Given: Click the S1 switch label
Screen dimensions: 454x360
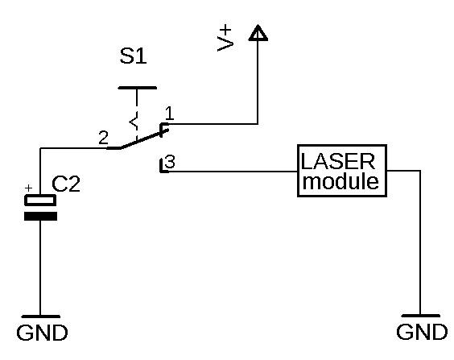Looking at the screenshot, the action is click(x=133, y=56).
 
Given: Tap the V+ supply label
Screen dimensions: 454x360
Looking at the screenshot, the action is click(x=225, y=38).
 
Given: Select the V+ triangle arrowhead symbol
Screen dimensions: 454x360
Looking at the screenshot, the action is click(x=258, y=33).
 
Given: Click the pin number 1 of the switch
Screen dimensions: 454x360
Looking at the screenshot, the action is click(x=169, y=114).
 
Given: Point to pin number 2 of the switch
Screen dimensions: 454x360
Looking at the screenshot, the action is click(x=103, y=138).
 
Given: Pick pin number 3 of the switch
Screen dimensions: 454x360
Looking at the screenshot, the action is click(x=171, y=162).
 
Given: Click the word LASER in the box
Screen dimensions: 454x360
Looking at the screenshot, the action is click(x=338, y=161).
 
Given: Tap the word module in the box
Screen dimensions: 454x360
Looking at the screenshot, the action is click(x=340, y=181).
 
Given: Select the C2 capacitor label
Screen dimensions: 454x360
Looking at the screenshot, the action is click(x=66, y=184).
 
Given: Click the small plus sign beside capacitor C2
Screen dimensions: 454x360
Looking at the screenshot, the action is click(x=28, y=188).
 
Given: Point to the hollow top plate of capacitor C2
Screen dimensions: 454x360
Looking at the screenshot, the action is click(x=40, y=200).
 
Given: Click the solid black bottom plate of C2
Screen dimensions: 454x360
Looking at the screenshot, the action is click(x=40, y=217).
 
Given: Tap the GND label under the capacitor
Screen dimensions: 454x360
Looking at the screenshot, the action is click(x=42, y=333).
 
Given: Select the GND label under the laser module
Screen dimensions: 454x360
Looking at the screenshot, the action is click(x=422, y=332).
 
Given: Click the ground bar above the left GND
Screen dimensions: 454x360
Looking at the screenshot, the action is click(x=40, y=317).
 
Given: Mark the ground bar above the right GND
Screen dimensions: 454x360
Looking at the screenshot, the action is click(x=420, y=316).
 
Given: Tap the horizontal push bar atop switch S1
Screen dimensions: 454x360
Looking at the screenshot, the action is click(x=137, y=88).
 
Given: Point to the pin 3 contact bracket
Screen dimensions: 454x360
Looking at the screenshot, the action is click(x=163, y=166).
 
